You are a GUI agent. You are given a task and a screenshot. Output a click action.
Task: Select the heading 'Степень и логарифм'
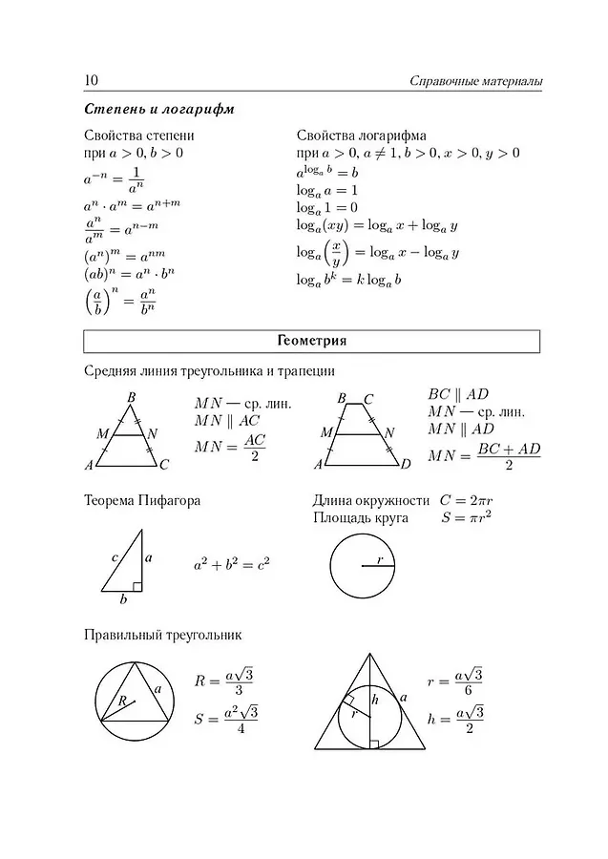pos(158,109)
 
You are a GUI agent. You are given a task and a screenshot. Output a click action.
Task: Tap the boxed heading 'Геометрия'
pos(312,341)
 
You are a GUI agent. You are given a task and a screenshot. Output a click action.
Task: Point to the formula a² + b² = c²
pos(231,565)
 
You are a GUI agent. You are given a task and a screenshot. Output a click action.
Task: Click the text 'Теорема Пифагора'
pos(142,500)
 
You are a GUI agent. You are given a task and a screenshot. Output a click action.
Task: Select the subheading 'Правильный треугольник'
pos(163,634)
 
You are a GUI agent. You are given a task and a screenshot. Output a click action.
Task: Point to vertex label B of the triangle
pos(131,397)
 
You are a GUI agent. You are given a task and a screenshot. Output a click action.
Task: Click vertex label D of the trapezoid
pos(406,465)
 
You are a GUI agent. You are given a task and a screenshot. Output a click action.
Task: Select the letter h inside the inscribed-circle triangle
pos(376,700)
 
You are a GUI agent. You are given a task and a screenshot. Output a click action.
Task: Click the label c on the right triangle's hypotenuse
pos(114,557)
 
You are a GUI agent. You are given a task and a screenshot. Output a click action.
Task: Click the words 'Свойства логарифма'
pos(361,136)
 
